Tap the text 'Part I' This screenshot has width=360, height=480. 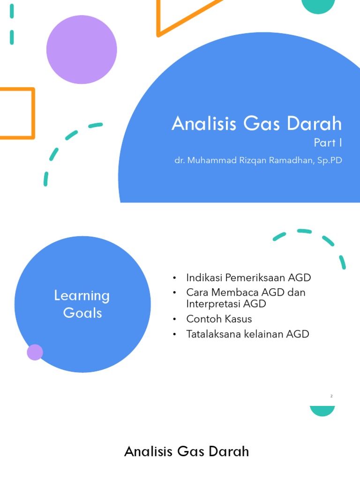(x=328, y=142)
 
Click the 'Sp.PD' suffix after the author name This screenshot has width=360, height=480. (x=330, y=160)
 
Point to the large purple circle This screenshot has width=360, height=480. (x=82, y=49)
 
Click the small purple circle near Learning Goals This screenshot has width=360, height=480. (x=35, y=352)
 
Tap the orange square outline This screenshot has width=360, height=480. (x=17, y=113)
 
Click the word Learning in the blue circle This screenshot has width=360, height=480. (x=82, y=296)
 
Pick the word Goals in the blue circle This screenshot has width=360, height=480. (x=82, y=313)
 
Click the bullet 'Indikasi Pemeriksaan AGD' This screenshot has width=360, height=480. (x=248, y=277)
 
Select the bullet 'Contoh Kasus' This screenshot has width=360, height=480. (x=219, y=319)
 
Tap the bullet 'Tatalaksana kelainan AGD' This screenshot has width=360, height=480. (x=247, y=334)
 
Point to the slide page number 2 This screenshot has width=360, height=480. (x=331, y=396)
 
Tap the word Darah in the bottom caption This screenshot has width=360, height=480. (x=229, y=452)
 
